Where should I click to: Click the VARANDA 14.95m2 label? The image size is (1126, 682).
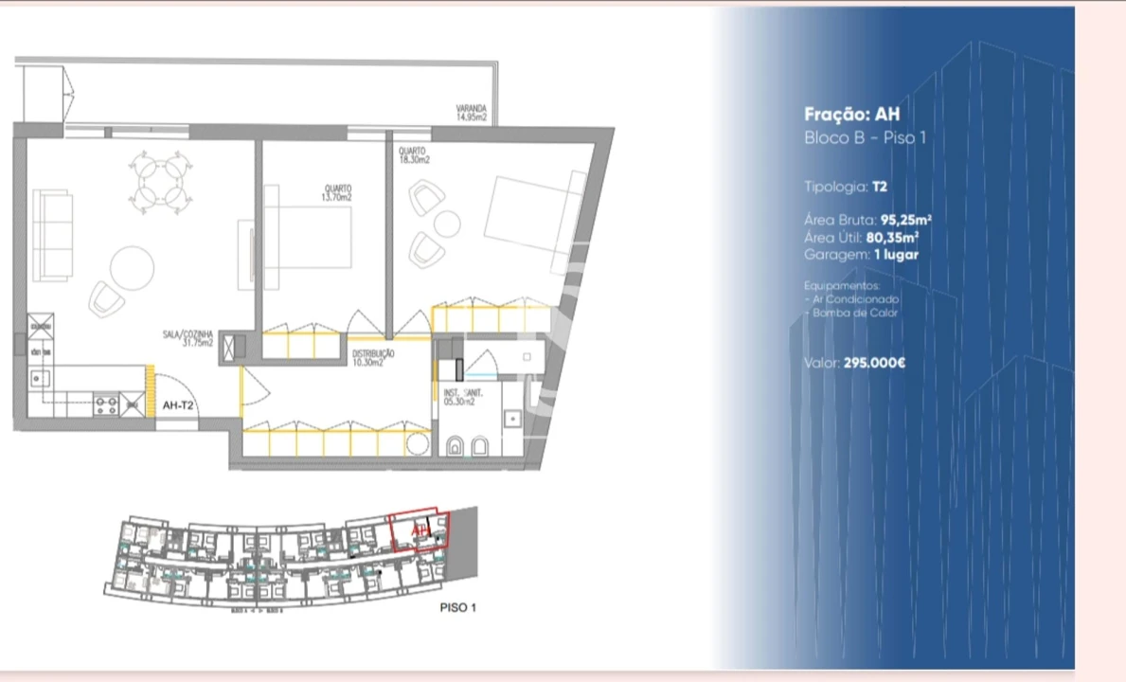[471, 114]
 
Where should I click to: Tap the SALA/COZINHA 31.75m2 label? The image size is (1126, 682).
[187, 338]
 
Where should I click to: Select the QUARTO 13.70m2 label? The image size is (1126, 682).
[337, 193]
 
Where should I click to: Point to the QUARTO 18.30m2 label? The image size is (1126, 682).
[414, 155]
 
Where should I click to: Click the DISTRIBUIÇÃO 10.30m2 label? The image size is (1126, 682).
[373, 358]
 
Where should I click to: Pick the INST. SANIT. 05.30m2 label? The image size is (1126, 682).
[463, 397]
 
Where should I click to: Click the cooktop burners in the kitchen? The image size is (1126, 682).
[106, 406]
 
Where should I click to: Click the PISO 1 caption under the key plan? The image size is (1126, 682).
[457, 607]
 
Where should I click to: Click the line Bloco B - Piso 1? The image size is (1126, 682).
[865, 138]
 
